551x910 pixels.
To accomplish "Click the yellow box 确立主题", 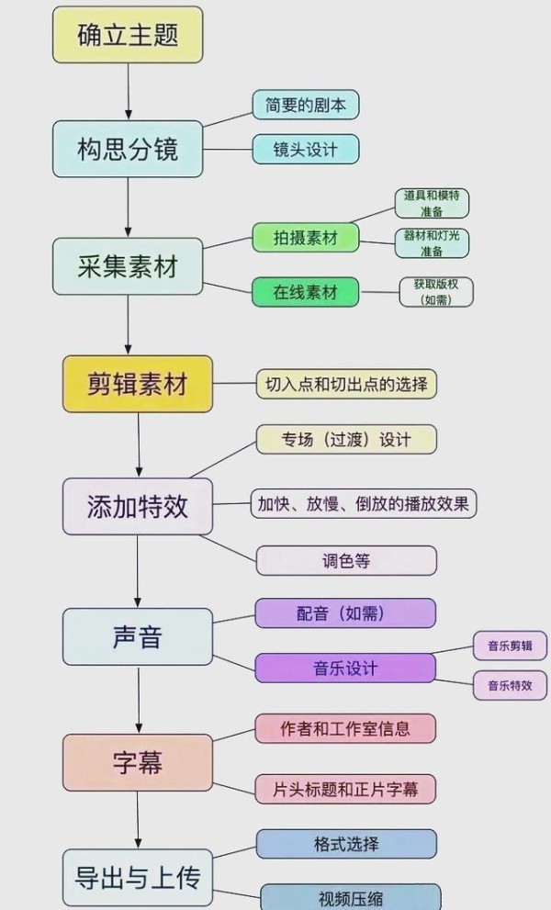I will (128, 35).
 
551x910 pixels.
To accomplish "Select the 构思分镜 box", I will (128, 149).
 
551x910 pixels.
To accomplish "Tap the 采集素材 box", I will (128, 266).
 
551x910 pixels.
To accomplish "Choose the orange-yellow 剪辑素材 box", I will (138, 384).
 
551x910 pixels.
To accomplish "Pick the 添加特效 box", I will (138, 506).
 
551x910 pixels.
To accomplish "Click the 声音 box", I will (138, 636).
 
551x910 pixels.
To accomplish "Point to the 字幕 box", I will (138, 762).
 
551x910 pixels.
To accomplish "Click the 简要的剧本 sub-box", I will (306, 105).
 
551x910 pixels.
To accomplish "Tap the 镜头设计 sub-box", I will (306, 149).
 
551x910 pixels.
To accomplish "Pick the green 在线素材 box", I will (306, 292).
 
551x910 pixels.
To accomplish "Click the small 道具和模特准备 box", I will (432, 203).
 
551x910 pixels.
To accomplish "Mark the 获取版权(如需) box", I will (436, 292).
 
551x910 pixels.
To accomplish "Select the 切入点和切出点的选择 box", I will (346, 384).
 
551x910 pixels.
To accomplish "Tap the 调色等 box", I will (346, 560).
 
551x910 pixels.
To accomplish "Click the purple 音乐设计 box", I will (345, 668).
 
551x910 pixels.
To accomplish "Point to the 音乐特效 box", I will (510, 685).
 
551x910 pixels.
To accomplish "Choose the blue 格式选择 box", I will (346, 844).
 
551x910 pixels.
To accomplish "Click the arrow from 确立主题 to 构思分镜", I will (128, 92).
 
